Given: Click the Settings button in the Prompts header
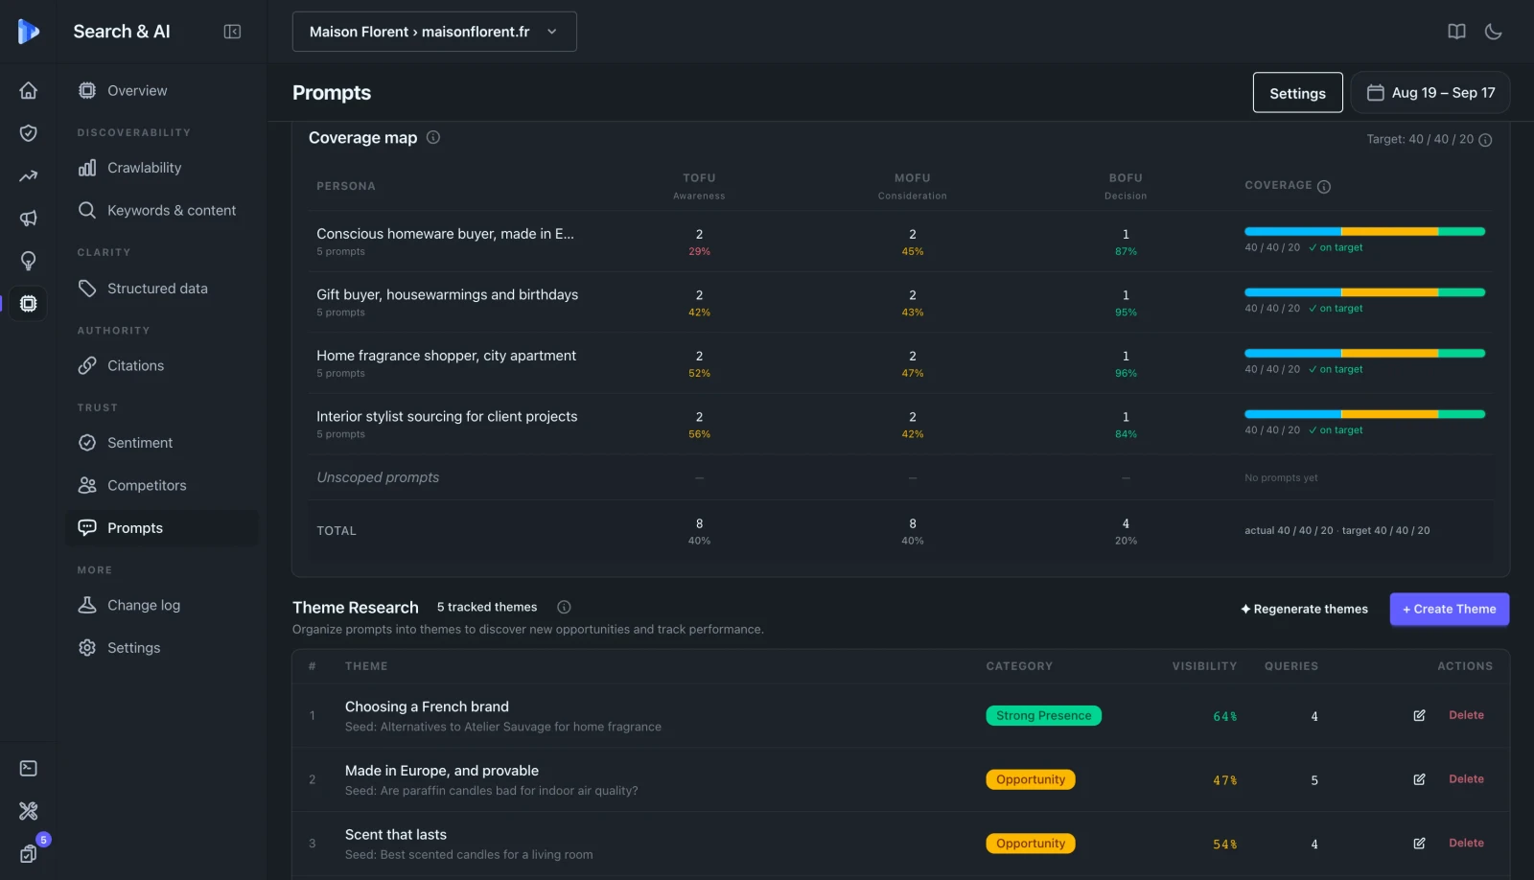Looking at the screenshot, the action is [1297, 92].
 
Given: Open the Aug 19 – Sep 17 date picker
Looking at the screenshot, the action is [1430, 92].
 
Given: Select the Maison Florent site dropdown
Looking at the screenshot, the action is [434, 32].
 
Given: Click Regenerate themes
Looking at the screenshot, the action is [1304, 609].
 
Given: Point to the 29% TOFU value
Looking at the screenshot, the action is [699, 252].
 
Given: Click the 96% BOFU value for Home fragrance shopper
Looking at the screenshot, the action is [1126, 374].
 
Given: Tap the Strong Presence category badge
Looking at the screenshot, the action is [1043, 716].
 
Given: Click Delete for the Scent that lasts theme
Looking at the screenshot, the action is [1466, 843].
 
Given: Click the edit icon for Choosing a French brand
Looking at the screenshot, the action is [1419, 716].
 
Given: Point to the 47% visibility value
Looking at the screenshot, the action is [1224, 780].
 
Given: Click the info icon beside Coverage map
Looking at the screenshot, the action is [432, 138].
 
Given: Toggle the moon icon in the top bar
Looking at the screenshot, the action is [1493, 32].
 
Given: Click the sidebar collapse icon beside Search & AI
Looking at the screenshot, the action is [232, 32].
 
